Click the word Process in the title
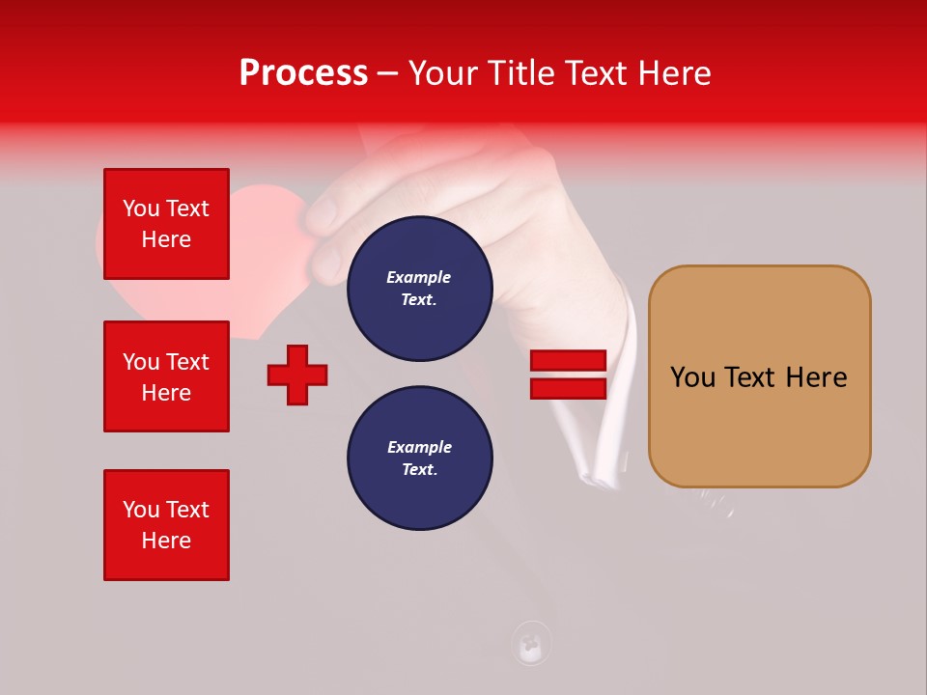tap(303, 73)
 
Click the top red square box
tap(166, 224)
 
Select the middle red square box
tap(166, 376)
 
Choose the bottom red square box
tap(166, 525)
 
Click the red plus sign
tap(297, 375)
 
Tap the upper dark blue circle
tap(420, 289)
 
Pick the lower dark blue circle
tap(420, 459)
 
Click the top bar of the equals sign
tap(568, 361)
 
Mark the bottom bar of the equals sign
tap(568, 388)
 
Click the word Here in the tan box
tap(816, 377)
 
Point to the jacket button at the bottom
tap(531, 643)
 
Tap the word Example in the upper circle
tap(419, 277)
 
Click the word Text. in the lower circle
tap(419, 470)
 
